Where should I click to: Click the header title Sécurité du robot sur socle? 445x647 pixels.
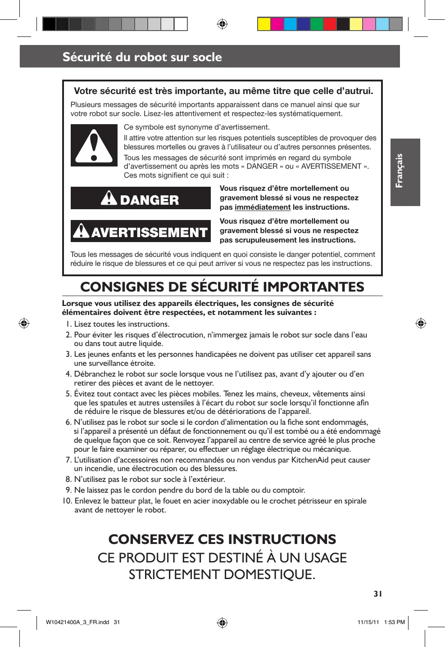(x=142, y=57)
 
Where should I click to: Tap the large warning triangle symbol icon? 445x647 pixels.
(x=94, y=145)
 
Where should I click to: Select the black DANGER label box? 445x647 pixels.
(x=141, y=198)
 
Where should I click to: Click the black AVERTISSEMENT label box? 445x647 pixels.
(x=141, y=231)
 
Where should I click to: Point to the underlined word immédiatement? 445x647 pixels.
(x=262, y=207)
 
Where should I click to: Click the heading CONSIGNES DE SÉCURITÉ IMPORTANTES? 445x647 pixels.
(x=222, y=287)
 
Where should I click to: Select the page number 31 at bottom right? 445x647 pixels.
(x=377, y=593)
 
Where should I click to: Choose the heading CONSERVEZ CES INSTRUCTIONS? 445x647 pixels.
(x=222, y=539)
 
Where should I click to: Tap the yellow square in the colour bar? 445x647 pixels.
(x=264, y=24)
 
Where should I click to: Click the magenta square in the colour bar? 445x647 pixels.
(x=277, y=24)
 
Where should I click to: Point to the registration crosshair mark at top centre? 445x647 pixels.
(x=222, y=24)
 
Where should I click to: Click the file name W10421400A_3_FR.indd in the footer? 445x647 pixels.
(x=77, y=623)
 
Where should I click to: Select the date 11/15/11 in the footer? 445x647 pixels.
(x=367, y=623)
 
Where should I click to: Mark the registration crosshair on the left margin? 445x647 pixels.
(x=24, y=323)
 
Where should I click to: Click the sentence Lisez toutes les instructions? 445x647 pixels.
(x=122, y=324)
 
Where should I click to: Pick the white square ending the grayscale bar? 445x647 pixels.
(x=181, y=24)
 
